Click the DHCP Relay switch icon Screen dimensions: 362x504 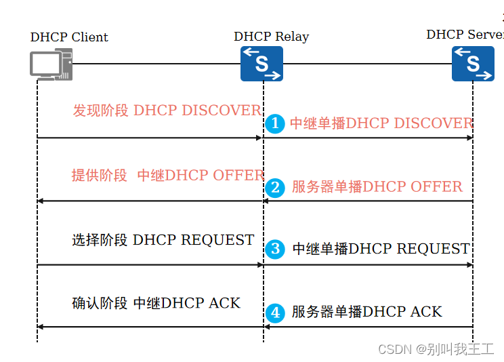click(261, 64)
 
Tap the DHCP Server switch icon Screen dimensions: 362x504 click(473, 64)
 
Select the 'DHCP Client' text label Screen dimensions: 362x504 click(69, 37)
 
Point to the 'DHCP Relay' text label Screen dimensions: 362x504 click(271, 37)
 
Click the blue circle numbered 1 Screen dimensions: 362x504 click(274, 123)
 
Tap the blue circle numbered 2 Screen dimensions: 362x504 click(274, 187)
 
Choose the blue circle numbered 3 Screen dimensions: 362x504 click(274, 249)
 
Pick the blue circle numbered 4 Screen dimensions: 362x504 click(274, 312)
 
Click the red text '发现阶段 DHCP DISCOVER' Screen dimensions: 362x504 click(167, 110)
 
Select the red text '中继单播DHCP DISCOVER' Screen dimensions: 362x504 click(381, 123)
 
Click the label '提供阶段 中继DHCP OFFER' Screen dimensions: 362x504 click(167, 175)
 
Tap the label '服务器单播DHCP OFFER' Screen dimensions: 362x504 click(377, 187)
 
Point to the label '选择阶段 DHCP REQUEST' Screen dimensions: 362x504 click(163, 240)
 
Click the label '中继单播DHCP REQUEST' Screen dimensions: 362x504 click(381, 249)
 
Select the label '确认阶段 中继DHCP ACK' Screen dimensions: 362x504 click(156, 303)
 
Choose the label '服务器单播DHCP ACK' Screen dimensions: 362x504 click(366, 312)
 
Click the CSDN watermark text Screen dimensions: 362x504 click(436, 349)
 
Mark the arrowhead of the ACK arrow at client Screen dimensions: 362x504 click(40, 327)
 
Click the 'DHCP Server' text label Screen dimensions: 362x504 click(465, 35)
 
